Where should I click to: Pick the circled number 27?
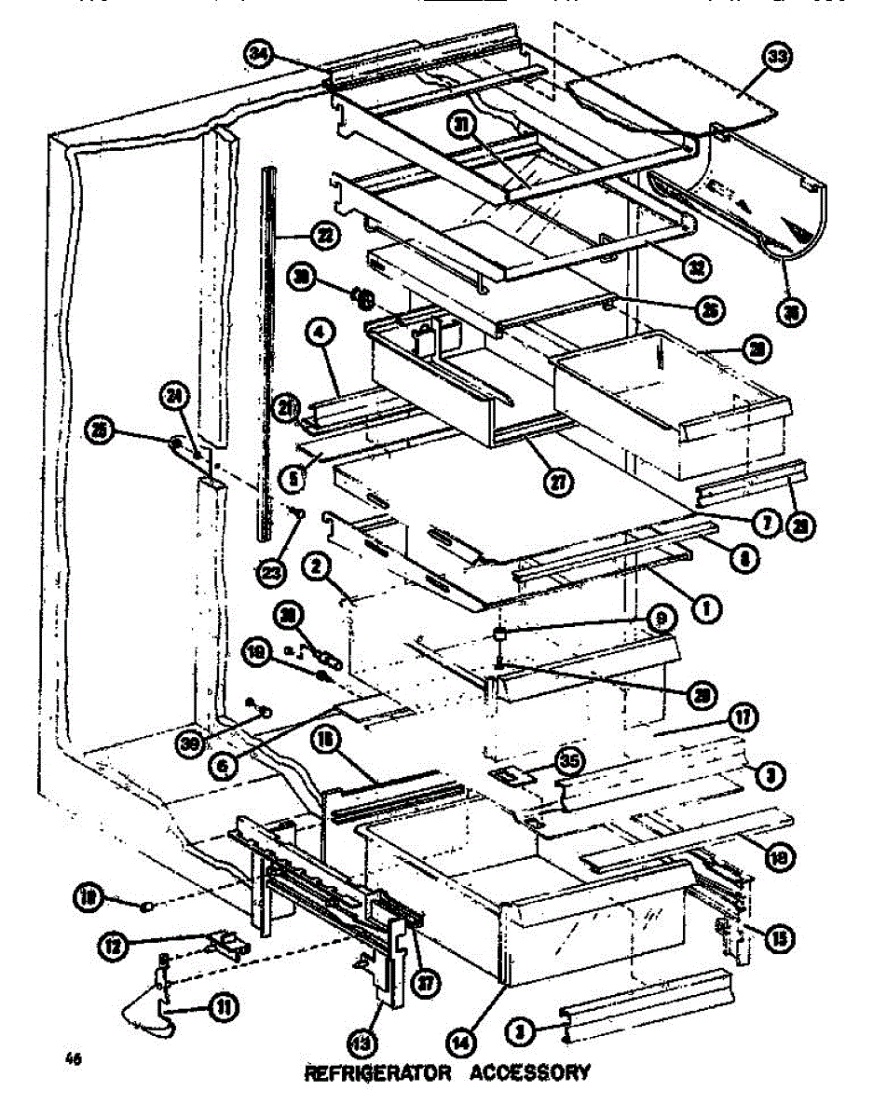558,481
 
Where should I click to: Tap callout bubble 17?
743,716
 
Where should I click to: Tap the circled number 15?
779,940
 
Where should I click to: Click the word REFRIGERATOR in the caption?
377,1072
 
